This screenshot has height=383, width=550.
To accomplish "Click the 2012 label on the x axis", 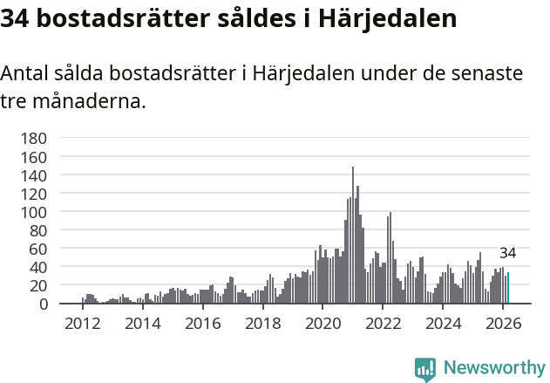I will point(83,323).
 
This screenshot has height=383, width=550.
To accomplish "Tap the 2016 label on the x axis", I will point(202,323).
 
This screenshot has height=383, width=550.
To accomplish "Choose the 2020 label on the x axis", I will point(323,323).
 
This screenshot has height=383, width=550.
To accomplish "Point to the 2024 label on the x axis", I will point(442,323).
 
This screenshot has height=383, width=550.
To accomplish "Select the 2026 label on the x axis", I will point(502,323).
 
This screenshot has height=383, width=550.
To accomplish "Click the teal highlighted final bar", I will point(508,289).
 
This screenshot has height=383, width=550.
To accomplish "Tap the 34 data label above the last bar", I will point(508,254).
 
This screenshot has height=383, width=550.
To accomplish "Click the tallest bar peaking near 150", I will point(353,236).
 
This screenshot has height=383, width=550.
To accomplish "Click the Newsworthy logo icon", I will point(425,369).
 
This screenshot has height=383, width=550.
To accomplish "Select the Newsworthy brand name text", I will point(494,368).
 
